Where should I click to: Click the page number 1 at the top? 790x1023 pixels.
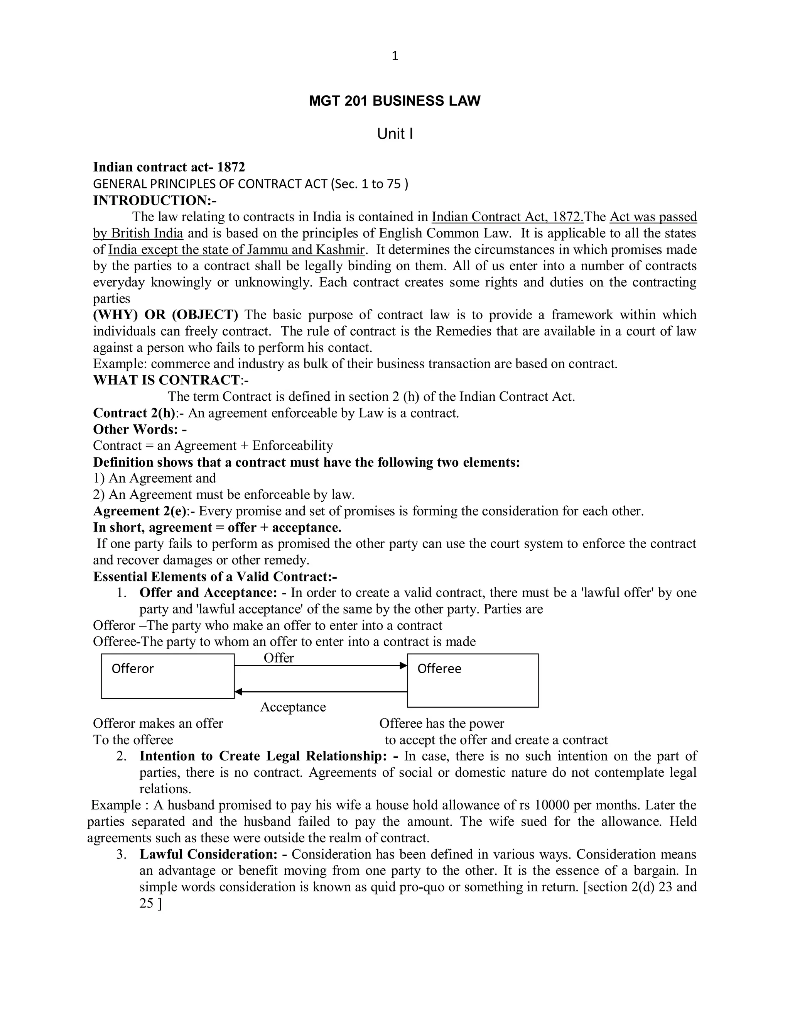395,56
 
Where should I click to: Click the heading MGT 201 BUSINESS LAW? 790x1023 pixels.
395,101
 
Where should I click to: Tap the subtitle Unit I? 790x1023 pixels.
395,134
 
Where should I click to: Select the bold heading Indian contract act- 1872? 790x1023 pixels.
169,167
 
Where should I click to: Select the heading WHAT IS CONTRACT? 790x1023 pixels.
166,380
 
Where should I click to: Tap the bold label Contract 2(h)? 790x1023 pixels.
134,413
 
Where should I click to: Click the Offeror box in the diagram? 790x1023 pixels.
167,676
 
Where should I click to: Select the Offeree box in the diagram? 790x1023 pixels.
473,680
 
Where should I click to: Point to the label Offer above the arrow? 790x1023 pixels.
279,658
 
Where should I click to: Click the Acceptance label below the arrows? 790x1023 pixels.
293,707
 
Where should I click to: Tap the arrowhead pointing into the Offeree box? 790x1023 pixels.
403,666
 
